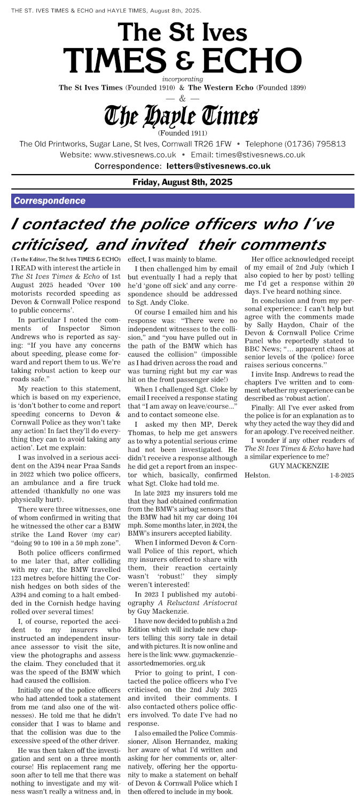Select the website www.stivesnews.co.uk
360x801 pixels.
135,155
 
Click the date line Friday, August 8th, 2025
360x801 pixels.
182,182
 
